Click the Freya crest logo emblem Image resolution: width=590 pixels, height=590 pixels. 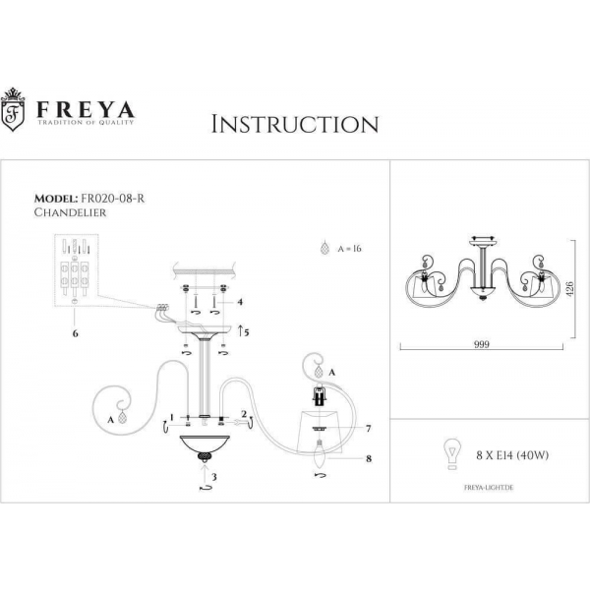pos(14,111)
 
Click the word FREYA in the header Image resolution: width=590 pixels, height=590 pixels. pos(86,106)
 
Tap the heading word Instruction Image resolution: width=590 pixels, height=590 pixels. pos(295,124)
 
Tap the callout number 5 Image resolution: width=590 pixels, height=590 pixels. pos(248,332)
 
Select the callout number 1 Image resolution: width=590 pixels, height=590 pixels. pos(171,417)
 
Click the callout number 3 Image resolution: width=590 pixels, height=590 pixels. pos(215,476)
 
